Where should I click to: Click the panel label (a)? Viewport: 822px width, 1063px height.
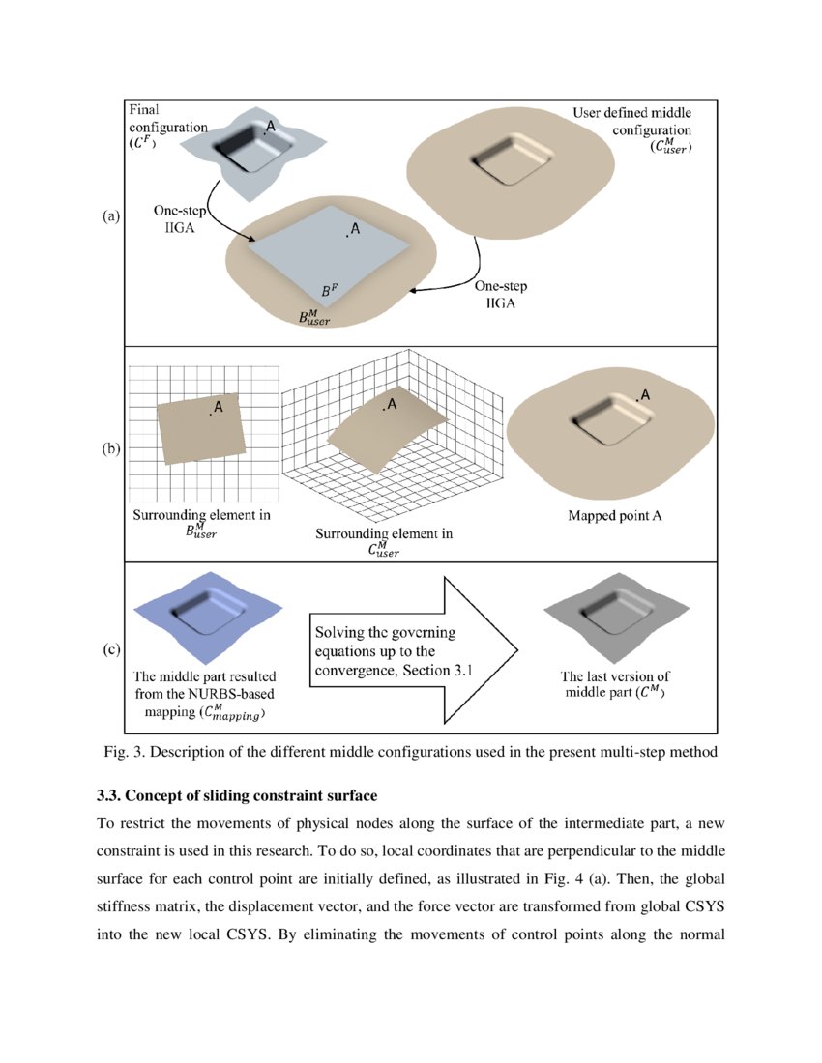(x=110, y=217)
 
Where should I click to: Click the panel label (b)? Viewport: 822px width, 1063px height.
(x=110, y=448)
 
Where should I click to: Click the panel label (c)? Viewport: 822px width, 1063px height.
(x=110, y=650)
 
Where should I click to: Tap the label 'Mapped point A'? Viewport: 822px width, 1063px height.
(x=614, y=516)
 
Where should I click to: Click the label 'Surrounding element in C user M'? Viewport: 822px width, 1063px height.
(x=384, y=542)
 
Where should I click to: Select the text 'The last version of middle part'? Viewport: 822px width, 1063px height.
(x=614, y=684)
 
